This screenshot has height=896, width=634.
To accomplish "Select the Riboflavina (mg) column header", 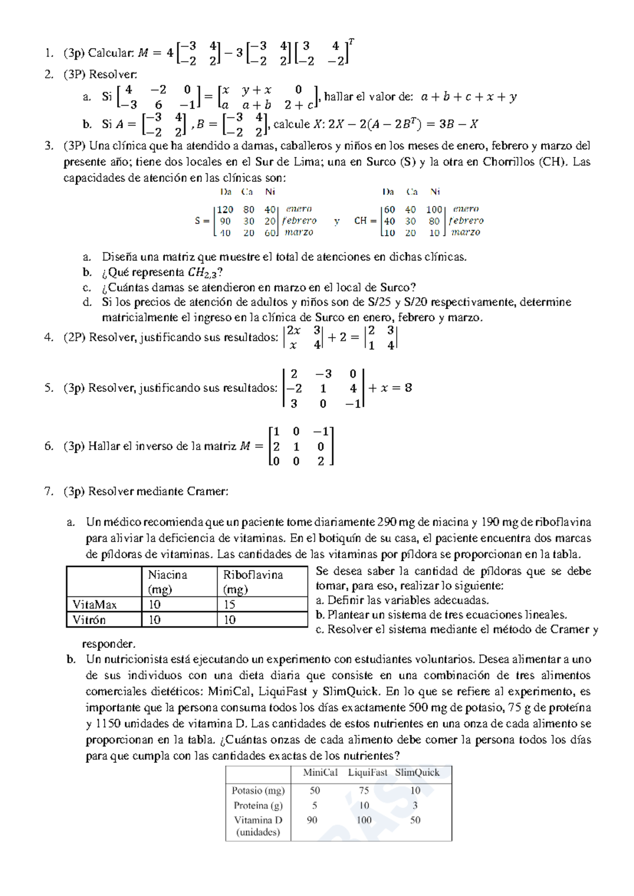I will tap(253, 582).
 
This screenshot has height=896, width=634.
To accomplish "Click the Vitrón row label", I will tap(89, 620).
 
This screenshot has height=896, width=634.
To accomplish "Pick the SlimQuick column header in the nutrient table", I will tap(417, 772).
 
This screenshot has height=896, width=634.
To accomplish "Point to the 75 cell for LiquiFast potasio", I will tap(363, 790).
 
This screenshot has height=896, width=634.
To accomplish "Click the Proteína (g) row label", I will tap(258, 806).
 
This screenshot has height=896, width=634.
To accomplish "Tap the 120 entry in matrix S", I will tap(225, 209).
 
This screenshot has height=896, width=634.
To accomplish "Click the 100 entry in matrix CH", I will tap(434, 209).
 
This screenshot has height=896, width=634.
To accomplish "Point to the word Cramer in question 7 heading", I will tap(207, 491).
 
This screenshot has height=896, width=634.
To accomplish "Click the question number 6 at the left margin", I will tap(49, 446).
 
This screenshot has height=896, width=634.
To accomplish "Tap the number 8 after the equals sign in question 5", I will tap(408, 388).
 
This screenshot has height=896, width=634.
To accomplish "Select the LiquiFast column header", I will tap(367, 772).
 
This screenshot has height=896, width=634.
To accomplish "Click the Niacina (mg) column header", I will tap(167, 582).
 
